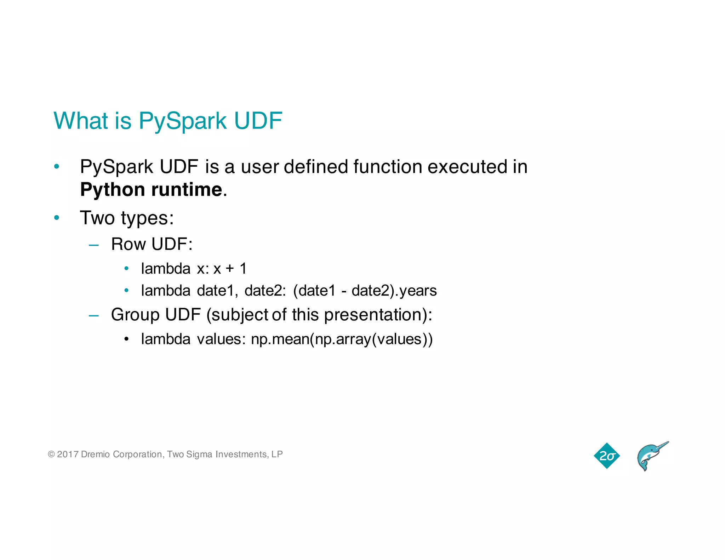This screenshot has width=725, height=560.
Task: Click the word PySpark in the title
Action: [x=182, y=121]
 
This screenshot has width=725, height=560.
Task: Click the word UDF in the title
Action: [x=258, y=121]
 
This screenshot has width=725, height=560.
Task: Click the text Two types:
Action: [x=127, y=218]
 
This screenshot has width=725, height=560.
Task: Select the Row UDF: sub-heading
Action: [x=152, y=244]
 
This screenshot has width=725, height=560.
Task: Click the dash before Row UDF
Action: [x=94, y=245]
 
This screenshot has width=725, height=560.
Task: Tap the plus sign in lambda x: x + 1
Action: [x=230, y=269]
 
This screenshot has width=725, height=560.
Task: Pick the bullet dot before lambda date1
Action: [x=126, y=291]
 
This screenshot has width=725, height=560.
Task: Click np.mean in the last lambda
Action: [x=280, y=339]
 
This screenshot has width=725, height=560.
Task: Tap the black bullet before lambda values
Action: [x=126, y=339]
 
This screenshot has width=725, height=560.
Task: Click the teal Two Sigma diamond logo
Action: [x=607, y=456]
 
